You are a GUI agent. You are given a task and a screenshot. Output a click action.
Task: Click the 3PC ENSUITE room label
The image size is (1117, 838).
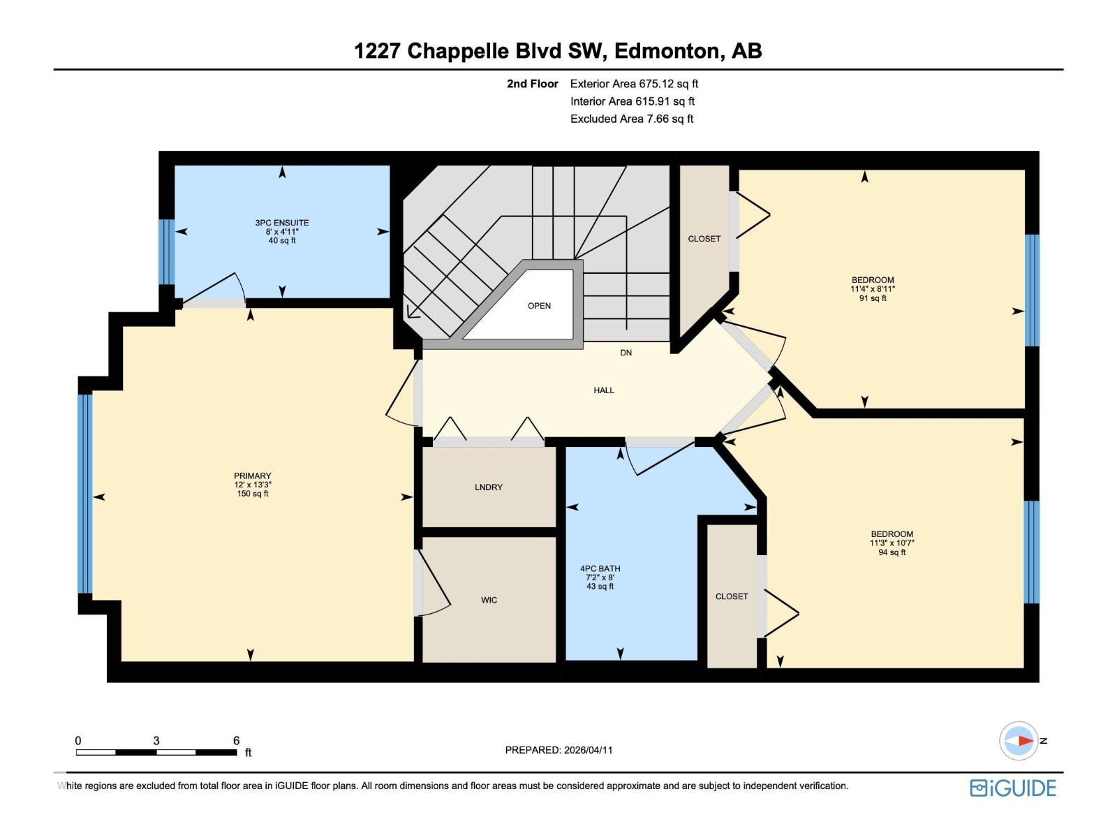[x=281, y=223]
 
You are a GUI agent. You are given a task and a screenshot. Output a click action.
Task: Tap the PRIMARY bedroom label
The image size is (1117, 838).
[x=252, y=476]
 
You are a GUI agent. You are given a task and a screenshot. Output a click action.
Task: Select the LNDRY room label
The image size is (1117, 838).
[x=488, y=487]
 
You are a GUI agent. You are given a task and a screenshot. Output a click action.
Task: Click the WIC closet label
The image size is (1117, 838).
[x=489, y=600]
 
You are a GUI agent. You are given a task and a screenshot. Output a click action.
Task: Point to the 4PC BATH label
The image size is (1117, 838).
[x=600, y=569]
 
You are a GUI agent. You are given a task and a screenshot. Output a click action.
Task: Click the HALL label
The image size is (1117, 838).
[x=604, y=390]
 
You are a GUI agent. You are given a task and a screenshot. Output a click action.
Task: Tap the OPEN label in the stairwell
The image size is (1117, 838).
[x=539, y=306]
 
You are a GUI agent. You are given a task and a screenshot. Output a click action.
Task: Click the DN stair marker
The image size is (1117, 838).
[x=626, y=353]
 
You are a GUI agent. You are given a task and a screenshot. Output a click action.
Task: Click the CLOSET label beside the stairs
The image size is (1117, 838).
[x=704, y=239]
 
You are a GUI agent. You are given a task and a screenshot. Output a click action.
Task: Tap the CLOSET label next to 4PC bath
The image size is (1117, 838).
[x=731, y=596]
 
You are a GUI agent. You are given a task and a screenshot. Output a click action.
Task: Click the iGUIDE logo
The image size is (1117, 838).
[x=1012, y=788]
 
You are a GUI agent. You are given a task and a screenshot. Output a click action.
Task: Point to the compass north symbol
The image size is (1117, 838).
[x=1019, y=741]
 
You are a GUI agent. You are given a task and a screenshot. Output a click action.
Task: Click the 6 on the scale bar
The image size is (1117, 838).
[x=236, y=741]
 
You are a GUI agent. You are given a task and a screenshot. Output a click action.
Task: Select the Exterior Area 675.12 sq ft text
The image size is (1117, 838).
[x=634, y=84]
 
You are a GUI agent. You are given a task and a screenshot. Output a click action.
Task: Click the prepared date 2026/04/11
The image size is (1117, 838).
[x=586, y=750]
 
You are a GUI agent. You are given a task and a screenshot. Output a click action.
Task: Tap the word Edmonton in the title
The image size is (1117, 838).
[x=667, y=51]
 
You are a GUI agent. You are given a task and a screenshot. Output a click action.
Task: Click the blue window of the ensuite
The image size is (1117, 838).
[x=165, y=252]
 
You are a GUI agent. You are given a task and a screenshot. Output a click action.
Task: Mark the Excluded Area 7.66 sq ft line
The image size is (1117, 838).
[x=631, y=119]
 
